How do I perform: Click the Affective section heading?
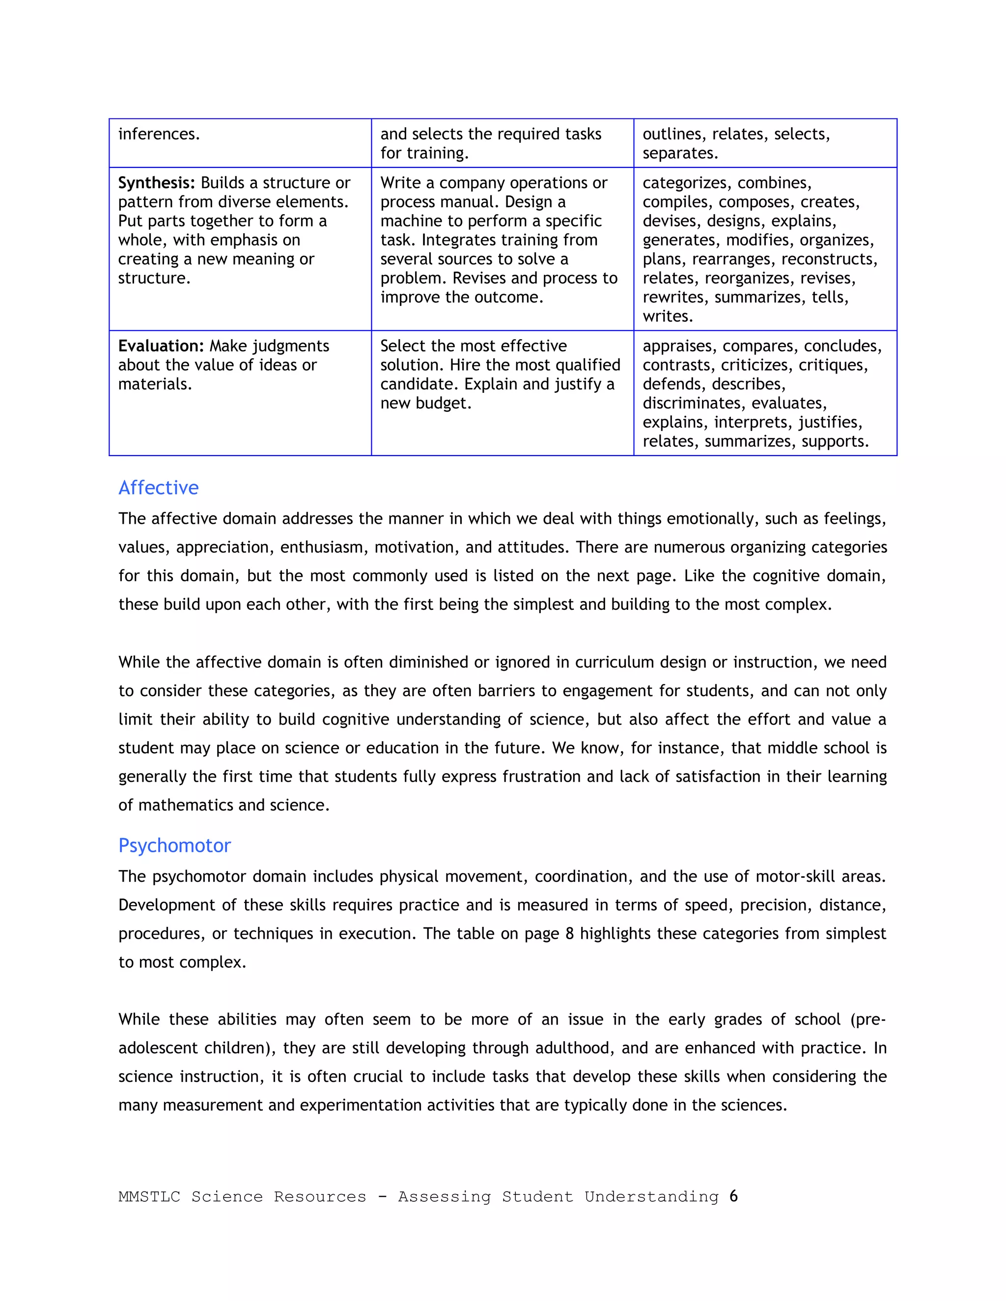[158, 488]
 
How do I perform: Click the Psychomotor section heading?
[174, 845]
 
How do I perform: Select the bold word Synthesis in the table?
[156, 183]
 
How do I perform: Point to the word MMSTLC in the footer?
[149, 1197]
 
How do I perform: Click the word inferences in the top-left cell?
[159, 134]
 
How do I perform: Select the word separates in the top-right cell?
[679, 153]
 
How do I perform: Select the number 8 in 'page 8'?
[569, 933]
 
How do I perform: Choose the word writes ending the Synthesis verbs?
[668, 316]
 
